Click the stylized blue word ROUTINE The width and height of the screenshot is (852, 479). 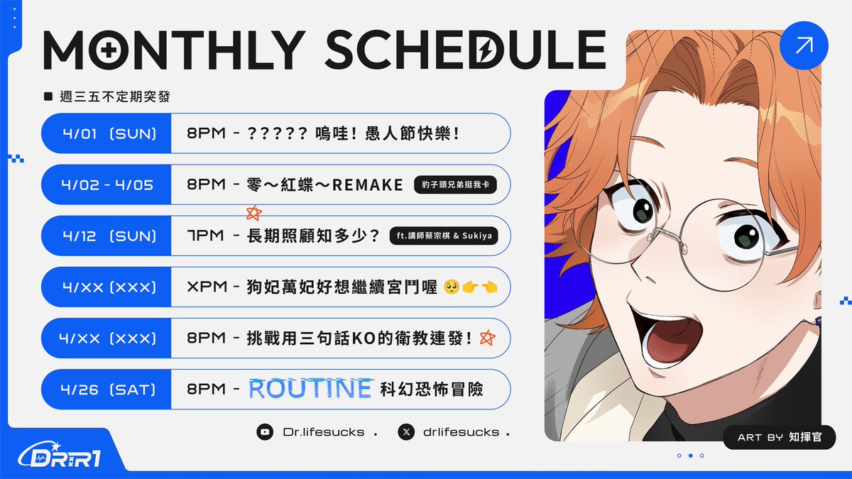click(310, 389)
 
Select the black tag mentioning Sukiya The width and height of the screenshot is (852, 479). click(444, 236)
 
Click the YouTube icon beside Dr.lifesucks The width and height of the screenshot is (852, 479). click(265, 431)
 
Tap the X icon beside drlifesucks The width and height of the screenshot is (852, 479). click(405, 431)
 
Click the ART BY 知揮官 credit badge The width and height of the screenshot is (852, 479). click(779, 437)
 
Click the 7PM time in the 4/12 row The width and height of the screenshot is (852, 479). click(205, 236)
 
